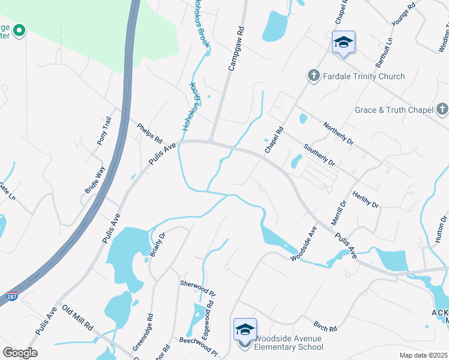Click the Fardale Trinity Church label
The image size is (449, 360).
pyautogui.click(x=364, y=76)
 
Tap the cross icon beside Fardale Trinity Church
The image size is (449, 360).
pyautogui.click(x=313, y=76)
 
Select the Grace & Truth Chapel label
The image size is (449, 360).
pyautogui.click(x=394, y=110)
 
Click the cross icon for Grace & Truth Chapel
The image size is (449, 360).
pyautogui.click(x=442, y=109)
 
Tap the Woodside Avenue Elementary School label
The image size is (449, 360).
pyautogui.click(x=289, y=343)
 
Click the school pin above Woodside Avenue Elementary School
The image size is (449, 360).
pyautogui.click(x=245, y=329)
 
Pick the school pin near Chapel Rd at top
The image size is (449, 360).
pyautogui.click(x=343, y=43)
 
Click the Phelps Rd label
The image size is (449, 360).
pyautogui.click(x=149, y=133)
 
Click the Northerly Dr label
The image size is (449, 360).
pyautogui.click(x=339, y=134)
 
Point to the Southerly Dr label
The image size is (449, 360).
pyautogui.click(x=319, y=155)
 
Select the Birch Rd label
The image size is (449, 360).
pyautogui.click(x=325, y=328)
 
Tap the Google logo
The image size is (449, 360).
pyautogui.click(x=20, y=353)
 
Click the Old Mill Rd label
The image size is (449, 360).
pyautogui.click(x=77, y=318)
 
